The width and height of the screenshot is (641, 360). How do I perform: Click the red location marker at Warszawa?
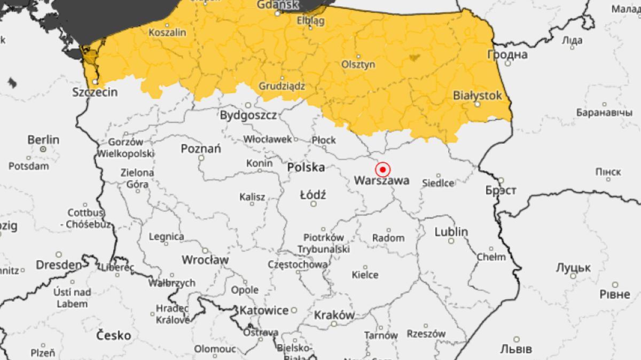click(x=382, y=170)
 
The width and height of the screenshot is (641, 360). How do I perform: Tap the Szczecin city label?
click(x=95, y=92)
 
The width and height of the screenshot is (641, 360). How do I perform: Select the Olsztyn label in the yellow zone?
click(x=358, y=65)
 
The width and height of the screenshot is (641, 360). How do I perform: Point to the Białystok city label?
click(x=478, y=96)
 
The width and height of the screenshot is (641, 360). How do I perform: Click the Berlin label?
click(x=43, y=140)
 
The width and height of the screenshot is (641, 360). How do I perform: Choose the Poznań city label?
click(x=201, y=148)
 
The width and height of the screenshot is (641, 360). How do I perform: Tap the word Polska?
click(x=306, y=167)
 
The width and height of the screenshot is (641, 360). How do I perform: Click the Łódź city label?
click(x=313, y=195)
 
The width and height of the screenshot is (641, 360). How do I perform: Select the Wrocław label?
click(x=205, y=260)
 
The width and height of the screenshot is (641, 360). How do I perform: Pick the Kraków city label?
click(x=334, y=315)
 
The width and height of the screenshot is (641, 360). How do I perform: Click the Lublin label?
click(x=451, y=232)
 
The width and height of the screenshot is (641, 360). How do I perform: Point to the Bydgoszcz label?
click(x=248, y=115)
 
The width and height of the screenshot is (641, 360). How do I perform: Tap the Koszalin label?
click(x=168, y=33)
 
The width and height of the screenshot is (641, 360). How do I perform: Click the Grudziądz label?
click(x=282, y=85)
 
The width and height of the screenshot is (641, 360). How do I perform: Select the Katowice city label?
click(x=264, y=310)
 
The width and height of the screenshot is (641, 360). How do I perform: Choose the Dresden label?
click(x=59, y=265)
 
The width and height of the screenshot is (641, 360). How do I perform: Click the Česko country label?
click(x=113, y=335)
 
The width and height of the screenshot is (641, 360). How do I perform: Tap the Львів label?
click(x=516, y=349)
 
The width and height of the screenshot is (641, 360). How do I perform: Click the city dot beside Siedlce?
click(x=439, y=175)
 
